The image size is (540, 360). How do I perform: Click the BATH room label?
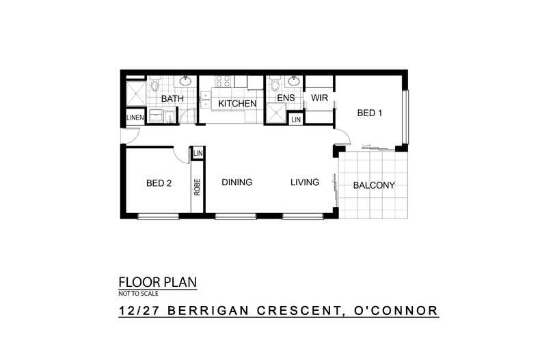click(172, 99)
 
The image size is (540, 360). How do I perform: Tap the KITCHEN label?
click(237, 104)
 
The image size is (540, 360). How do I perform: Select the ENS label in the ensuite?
click(286, 98)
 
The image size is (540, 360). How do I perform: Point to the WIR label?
click(319, 98)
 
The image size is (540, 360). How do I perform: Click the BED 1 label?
click(369, 113)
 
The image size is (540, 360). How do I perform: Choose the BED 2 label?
click(159, 183)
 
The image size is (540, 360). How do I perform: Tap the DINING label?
click(237, 182)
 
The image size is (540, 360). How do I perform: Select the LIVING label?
click(304, 182)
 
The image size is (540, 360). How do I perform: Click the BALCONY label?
click(373, 185)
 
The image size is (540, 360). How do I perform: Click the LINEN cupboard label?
click(135, 119)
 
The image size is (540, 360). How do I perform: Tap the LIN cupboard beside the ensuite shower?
click(295, 120)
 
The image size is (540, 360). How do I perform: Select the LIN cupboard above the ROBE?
click(198, 153)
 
